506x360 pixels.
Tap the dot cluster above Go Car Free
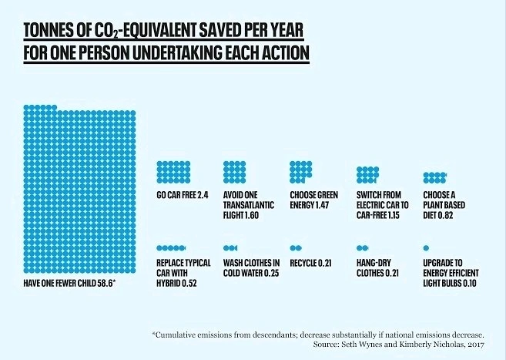coord(173,170)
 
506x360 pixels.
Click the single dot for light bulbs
coord(426,248)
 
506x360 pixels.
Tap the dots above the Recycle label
coord(297,248)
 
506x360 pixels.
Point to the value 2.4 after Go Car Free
coord(204,193)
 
